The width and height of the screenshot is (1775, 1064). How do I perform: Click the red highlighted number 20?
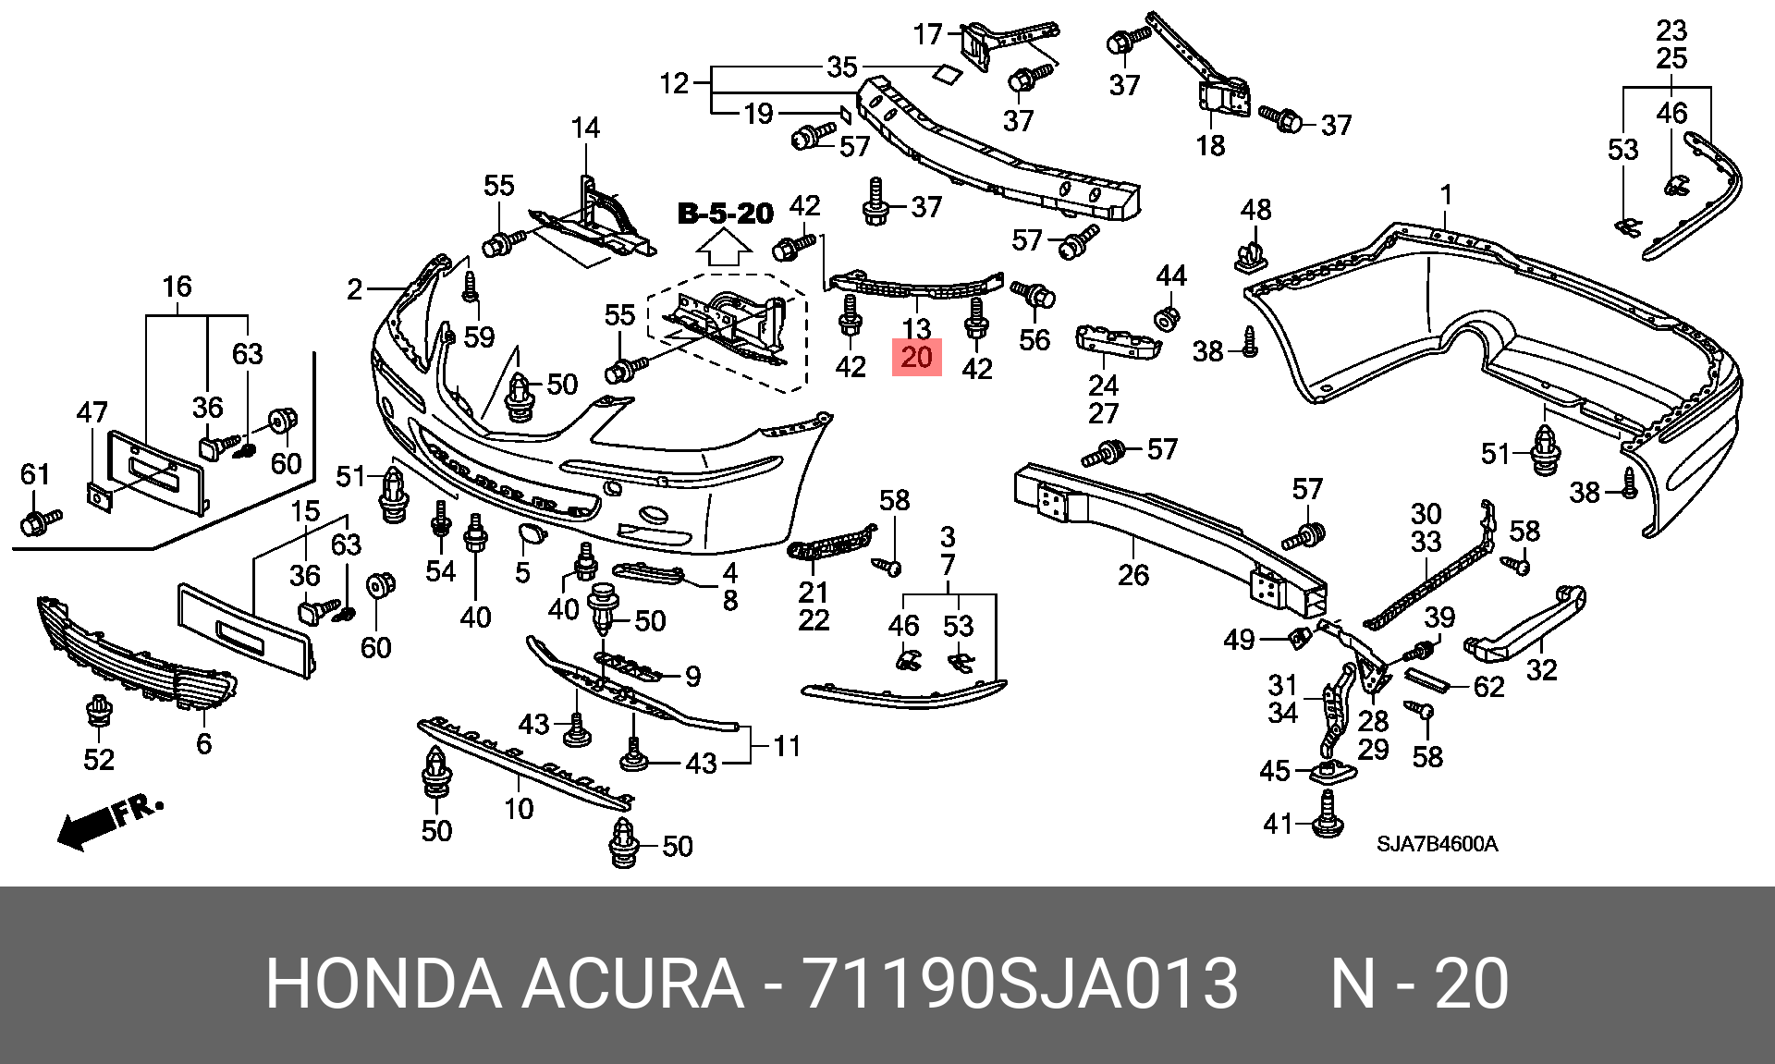tap(916, 357)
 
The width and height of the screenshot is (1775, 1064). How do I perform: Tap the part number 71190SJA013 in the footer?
tap(1021, 984)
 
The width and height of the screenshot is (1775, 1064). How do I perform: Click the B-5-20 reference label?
tap(726, 214)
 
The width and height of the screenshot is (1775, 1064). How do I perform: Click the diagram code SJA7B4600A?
tap(1437, 844)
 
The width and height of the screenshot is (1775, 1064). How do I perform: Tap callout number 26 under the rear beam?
tap(1133, 575)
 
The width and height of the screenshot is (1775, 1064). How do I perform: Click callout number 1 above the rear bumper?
tap(1446, 195)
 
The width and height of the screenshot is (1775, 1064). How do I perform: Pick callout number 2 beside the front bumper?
tap(355, 289)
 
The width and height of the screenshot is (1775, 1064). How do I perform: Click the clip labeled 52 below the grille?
tap(98, 714)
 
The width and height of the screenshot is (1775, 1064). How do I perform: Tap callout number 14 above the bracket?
tap(585, 128)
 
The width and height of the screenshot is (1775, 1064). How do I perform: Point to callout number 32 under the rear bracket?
tap(1542, 669)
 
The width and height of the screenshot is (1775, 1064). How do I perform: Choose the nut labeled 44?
tap(1168, 317)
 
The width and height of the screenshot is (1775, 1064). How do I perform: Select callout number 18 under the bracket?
tap(1210, 145)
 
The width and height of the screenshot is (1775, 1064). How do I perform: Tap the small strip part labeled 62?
tap(1426, 683)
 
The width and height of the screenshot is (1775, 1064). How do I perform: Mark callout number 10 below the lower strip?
tap(519, 809)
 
